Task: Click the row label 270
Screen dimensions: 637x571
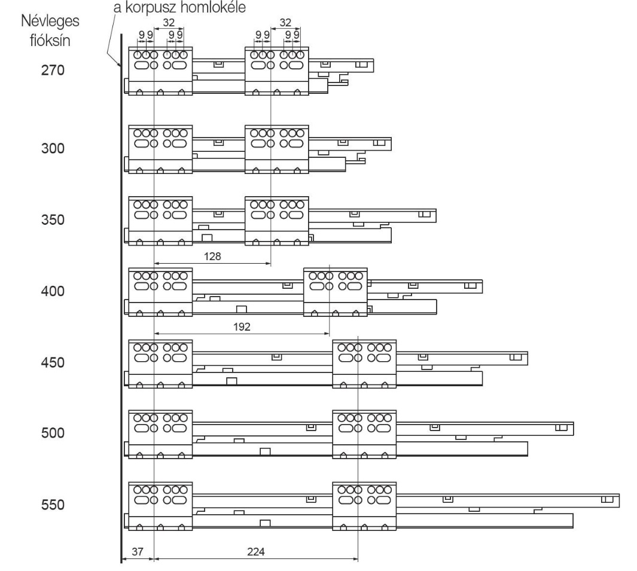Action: pyautogui.click(x=53, y=71)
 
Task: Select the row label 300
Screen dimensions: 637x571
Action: pyautogui.click(x=53, y=148)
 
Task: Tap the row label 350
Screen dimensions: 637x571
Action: pyautogui.click(x=53, y=219)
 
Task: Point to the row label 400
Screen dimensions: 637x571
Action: pyautogui.click(x=53, y=291)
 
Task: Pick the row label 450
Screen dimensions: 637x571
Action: pyautogui.click(x=53, y=362)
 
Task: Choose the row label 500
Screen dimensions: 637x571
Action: pyautogui.click(x=53, y=433)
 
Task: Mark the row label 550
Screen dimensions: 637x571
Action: pyautogui.click(x=53, y=505)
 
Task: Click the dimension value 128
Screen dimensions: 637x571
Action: pyautogui.click(x=212, y=257)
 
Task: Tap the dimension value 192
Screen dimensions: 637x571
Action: pyautogui.click(x=242, y=327)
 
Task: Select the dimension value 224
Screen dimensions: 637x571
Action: pyautogui.click(x=256, y=551)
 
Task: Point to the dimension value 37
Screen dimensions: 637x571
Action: pyautogui.click(x=138, y=551)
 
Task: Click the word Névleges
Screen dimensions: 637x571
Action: pyautogui.click(x=50, y=21)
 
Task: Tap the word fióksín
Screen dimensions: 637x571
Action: pyautogui.click(x=50, y=41)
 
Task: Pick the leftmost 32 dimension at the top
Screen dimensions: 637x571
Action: pyautogui.click(x=169, y=23)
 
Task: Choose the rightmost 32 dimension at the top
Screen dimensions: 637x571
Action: pyautogui.click(x=285, y=23)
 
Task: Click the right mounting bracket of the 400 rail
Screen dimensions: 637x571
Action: pyautogui.click(x=336, y=292)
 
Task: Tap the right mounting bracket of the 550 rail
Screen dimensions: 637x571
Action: pyautogui.click(x=364, y=506)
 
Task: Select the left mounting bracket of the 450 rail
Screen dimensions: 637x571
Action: pyautogui.click(x=160, y=364)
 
